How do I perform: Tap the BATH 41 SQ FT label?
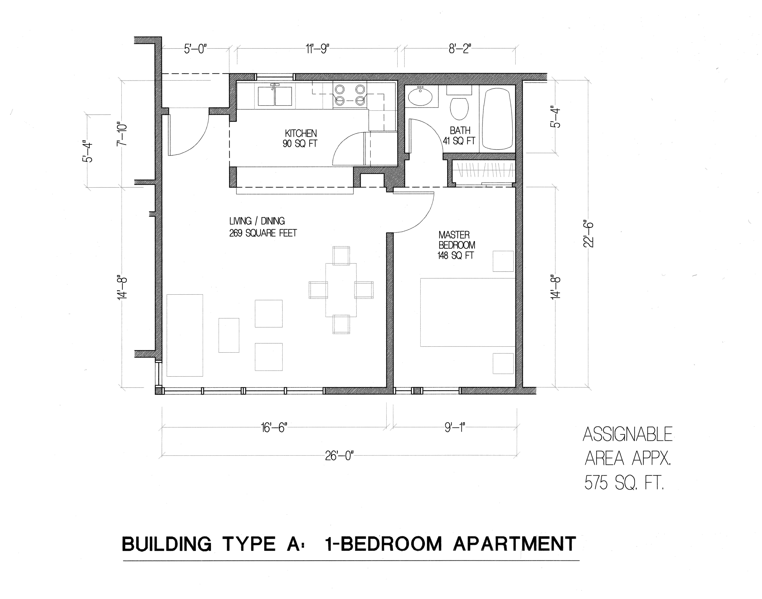459,136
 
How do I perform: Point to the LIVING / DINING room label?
263,227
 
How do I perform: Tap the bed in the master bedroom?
467,312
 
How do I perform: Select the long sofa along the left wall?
185,335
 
